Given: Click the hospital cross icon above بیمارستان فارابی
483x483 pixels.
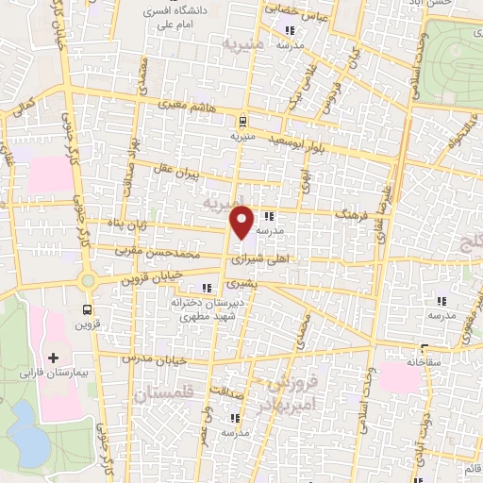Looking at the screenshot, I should click(x=54, y=358).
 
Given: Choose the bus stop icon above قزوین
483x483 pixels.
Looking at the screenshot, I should click(x=88, y=308).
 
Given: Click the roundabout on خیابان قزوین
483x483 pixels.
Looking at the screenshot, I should click(x=88, y=280).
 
